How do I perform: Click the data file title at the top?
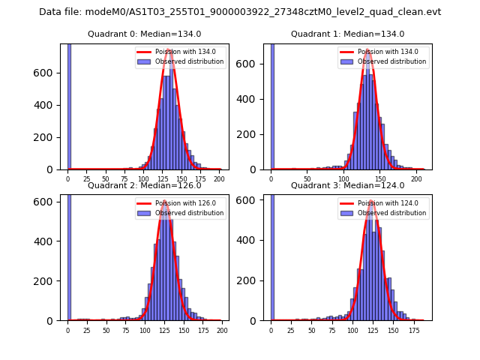pyautogui.click(x=240, y=12)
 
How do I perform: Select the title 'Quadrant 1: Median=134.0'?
pyautogui.click(x=347, y=34)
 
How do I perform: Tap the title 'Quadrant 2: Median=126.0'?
pyautogui.click(x=144, y=185)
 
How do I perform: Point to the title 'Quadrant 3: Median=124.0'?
pyautogui.click(x=347, y=185)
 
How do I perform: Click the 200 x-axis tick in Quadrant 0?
pyautogui.click(x=219, y=179)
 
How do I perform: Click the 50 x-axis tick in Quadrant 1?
pyautogui.click(x=307, y=179)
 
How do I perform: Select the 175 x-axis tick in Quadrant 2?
pyautogui.click(x=202, y=330)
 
